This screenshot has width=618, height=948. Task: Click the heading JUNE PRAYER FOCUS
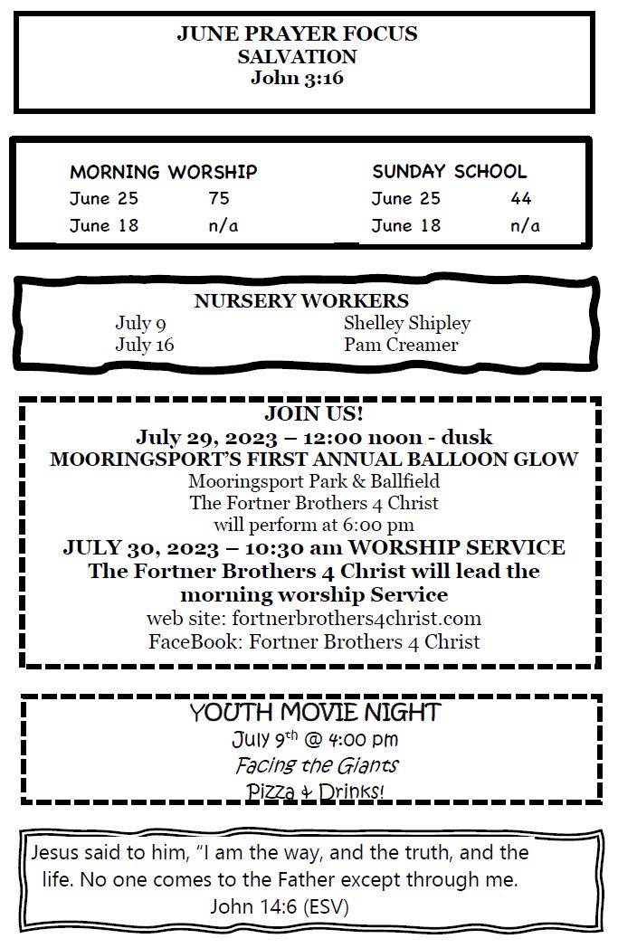(297, 34)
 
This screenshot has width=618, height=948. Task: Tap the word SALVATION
(297, 57)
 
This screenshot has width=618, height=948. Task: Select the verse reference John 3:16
(297, 78)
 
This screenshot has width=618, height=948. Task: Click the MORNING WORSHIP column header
(164, 172)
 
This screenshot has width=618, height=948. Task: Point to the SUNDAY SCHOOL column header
(449, 172)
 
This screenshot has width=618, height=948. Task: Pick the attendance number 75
(219, 199)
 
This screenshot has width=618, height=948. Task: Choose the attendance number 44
(521, 199)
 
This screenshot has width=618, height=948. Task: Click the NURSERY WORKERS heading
(301, 301)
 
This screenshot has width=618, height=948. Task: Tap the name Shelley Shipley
(407, 323)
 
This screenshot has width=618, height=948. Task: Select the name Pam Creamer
(401, 345)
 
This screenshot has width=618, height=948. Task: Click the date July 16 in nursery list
(145, 345)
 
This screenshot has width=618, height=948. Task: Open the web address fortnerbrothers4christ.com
(357, 620)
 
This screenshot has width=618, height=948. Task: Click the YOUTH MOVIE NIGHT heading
(314, 713)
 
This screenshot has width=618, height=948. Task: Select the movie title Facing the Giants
(317, 765)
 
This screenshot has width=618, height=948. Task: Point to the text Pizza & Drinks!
(315, 792)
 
